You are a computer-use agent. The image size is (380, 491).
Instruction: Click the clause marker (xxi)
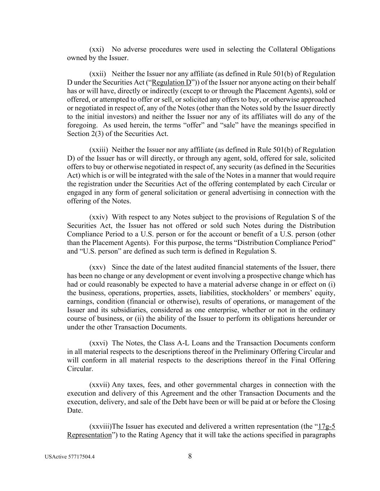click(97, 49)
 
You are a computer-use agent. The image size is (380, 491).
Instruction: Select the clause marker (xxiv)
click(98, 217)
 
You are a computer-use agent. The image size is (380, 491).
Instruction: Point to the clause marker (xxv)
click(97, 267)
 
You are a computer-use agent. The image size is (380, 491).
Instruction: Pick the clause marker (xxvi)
click(98, 343)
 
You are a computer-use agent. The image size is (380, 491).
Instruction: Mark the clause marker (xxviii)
click(100, 427)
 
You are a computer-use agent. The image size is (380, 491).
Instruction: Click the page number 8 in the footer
click(190, 456)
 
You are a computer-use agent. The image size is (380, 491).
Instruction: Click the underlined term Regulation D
click(171, 82)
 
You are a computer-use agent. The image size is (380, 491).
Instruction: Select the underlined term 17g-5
click(327, 427)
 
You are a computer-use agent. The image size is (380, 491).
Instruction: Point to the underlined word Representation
click(89, 435)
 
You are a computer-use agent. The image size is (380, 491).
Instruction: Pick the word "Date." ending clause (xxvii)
click(75, 410)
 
